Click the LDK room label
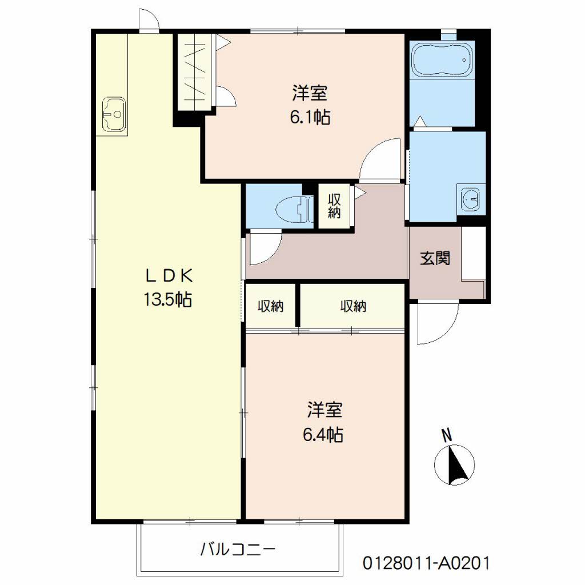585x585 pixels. [169, 276]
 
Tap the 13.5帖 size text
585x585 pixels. [169, 299]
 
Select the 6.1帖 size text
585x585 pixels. [310, 118]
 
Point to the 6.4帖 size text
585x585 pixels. [323, 435]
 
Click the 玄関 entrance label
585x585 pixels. [435, 258]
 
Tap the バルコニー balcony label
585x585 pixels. [238, 549]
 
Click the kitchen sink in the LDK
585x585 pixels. [114, 114]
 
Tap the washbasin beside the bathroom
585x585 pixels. [471, 199]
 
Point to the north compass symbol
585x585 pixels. [454, 465]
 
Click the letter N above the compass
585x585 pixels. [447, 435]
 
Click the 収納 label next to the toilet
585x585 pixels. [334, 206]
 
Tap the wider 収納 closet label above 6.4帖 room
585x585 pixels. [353, 306]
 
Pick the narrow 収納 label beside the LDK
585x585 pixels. [271, 306]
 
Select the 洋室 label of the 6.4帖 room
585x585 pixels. [324, 410]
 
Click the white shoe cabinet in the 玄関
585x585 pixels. [474, 253]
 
